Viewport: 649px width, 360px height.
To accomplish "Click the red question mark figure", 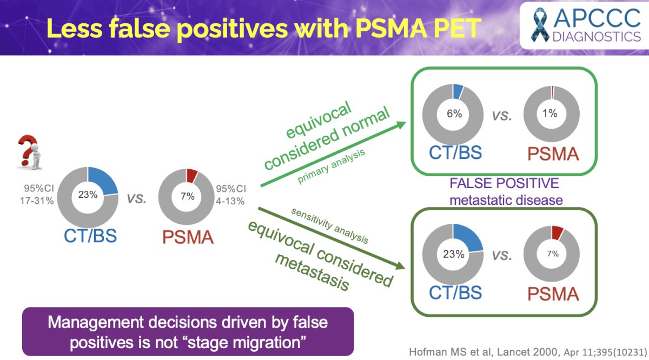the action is tap(30, 152).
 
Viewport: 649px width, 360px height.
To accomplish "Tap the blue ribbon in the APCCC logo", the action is tap(540, 25).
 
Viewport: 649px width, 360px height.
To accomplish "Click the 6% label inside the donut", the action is tap(454, 114).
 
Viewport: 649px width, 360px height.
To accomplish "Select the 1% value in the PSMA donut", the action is tap(550, 113).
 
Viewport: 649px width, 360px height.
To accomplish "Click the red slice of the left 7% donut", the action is tap(192, 176).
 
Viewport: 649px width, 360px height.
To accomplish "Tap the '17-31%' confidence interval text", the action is tap(37, 201).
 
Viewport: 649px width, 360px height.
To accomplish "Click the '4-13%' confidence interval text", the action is tap(230, 201).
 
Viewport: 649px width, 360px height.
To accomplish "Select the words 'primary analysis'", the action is tap(331, 166).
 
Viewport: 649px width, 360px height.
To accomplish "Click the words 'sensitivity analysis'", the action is tap(330, 226).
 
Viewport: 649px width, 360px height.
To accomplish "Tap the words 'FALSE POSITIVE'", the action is tap(504, 183).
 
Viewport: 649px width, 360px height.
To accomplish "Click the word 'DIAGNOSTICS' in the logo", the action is tap(597, 37).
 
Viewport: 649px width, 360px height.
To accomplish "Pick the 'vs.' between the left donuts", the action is tap(136, 199).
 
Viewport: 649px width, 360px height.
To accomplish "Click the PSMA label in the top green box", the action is tap(553, 154).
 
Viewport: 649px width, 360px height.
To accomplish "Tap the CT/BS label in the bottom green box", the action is tap(455, 292).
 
